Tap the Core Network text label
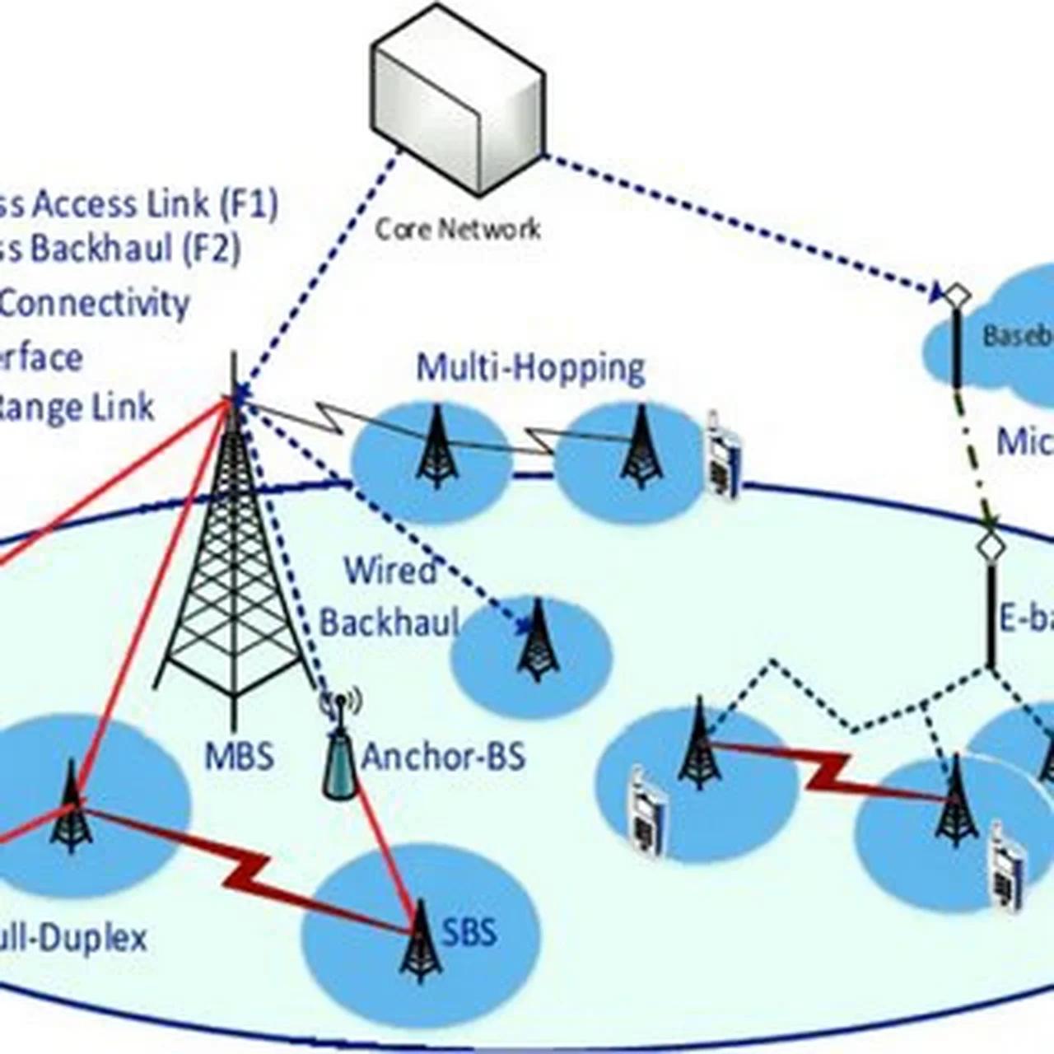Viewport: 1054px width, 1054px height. coord(458,228)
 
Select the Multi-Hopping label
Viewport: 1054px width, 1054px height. coord(529,367)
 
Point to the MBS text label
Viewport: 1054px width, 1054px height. coord(239,756)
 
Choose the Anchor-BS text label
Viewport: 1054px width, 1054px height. coord(443,756)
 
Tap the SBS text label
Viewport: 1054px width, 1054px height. coord(469,933)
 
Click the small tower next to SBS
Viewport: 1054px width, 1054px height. coord(421,943)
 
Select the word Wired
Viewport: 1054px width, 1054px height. coord(389,571)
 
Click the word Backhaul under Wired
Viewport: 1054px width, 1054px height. coord(389,622)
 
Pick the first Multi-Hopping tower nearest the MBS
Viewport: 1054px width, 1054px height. coord(436,449)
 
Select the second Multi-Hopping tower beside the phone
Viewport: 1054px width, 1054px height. coord(641,449)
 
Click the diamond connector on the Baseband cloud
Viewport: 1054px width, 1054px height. coord(957,295)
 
